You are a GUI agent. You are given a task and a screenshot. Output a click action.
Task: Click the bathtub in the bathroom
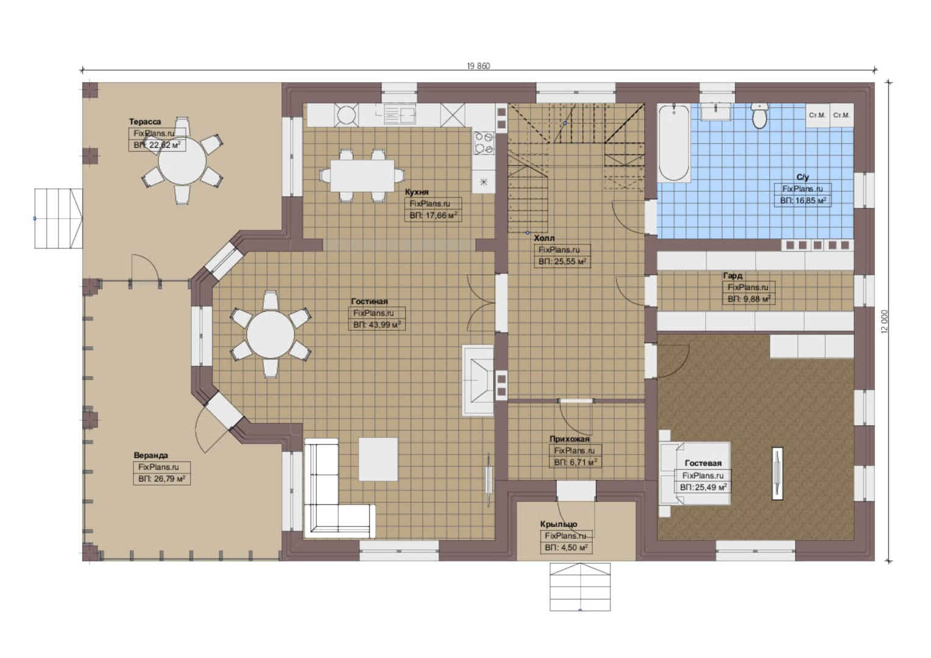(673, 143)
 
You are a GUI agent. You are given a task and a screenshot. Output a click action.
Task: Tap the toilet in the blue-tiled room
(759, 116)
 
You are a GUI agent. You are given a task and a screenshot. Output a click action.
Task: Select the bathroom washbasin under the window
(716, 112)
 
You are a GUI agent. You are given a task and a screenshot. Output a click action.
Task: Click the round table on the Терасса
(182, 161)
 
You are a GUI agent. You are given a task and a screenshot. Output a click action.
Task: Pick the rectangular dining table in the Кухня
(362, 175)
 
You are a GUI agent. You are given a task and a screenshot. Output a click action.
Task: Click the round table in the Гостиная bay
(271, 334)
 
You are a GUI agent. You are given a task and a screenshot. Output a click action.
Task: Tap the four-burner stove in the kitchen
(484, 143)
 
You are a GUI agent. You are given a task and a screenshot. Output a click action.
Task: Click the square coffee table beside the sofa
(378, 459)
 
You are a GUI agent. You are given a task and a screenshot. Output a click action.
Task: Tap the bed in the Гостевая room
(695, 473)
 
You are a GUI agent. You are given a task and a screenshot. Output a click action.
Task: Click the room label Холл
(544, 238)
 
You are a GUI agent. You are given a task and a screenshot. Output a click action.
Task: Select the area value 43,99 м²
(377, 325)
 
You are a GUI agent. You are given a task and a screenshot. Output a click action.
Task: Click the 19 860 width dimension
(478, 66)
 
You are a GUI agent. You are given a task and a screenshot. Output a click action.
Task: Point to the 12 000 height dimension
(884, 321)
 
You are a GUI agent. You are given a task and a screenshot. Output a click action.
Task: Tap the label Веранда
(151, 455)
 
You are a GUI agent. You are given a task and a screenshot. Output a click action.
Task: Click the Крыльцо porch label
(559, 524)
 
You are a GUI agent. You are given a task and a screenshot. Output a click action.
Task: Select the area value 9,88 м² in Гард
(749, 299)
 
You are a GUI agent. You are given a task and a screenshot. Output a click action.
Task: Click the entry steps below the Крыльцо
(580, 587)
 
